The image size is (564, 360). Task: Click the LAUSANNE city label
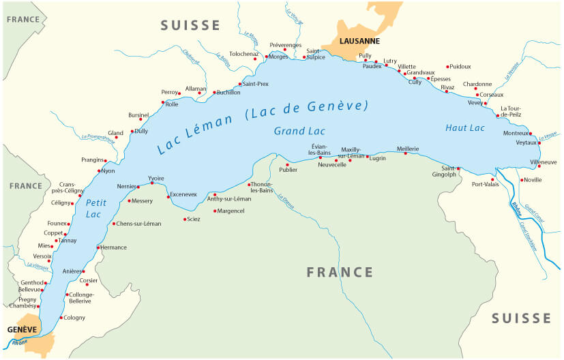pos(359,42)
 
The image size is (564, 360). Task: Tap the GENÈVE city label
pos(22,329)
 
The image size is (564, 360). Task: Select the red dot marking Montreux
pos(531,134)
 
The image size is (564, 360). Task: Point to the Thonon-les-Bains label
pos(261,187)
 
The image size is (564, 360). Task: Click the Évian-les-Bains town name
pos(319,149)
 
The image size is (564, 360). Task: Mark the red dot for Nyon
pos(100,171)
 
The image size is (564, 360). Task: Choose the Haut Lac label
pos(464,128)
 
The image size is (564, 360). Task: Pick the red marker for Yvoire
pos(152,183)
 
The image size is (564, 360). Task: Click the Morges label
pos(278,57)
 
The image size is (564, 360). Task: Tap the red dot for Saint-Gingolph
pos(458,168)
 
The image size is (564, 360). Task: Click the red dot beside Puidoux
pos(447,67)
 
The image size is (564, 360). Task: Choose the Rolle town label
pos(171,104)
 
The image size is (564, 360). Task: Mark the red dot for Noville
pos(522,180)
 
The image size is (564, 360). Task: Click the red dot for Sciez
pos(185,219)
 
